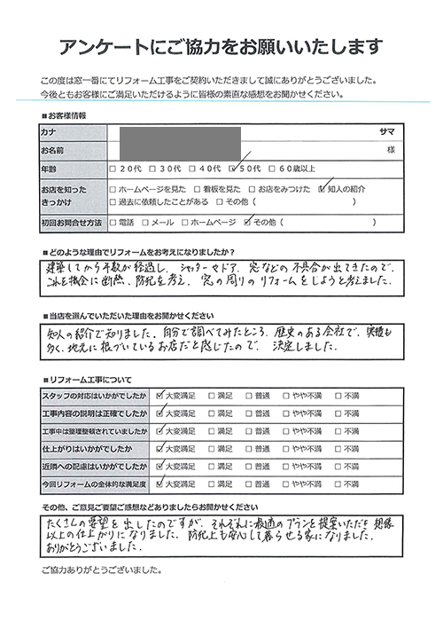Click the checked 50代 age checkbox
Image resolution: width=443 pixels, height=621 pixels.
pyautogui.click(x=233, y=169)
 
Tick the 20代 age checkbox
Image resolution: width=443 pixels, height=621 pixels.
pyautogui.click(x=112, y=169)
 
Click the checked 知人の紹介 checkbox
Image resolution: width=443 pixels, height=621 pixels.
pyautogui.click(x=323, y=189)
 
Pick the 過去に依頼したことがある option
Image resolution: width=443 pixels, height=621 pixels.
pyautogui.click(x=112, y=201)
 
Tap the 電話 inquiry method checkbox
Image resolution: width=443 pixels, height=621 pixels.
pyautogui.click(x=112, y=221)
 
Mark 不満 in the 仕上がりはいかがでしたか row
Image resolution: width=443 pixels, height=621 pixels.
pyautogui.click(x=338, y=448)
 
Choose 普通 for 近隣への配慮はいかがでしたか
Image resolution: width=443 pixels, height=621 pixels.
pyautogui.click(x=250, y=466)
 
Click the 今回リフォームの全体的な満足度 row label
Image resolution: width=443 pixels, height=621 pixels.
pyautogui.click(x=94, y=484)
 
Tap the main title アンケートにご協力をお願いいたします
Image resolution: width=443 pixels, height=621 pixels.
pyautogui.click(x=221, y=46)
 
